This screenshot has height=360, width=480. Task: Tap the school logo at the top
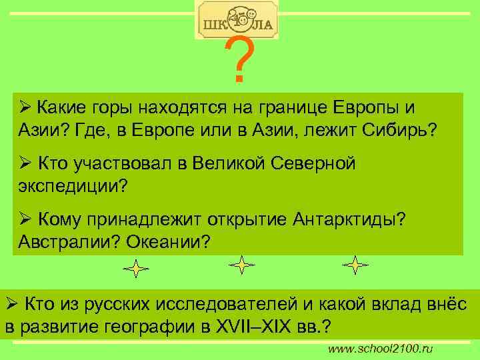coord(237,20)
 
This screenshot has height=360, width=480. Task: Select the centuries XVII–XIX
coord(266,329)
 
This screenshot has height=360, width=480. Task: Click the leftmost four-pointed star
coord(136,269)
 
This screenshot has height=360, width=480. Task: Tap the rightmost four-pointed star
coord(355,265)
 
